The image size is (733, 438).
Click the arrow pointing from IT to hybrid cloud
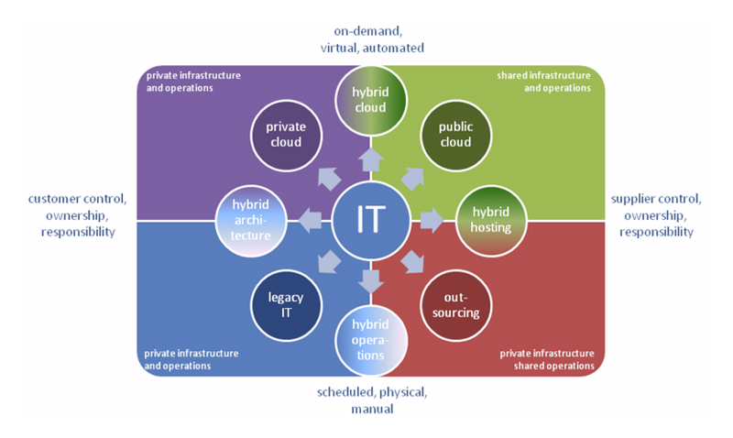click(x=370, y=162)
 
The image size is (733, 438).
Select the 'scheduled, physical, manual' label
click(x=371, y=400)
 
